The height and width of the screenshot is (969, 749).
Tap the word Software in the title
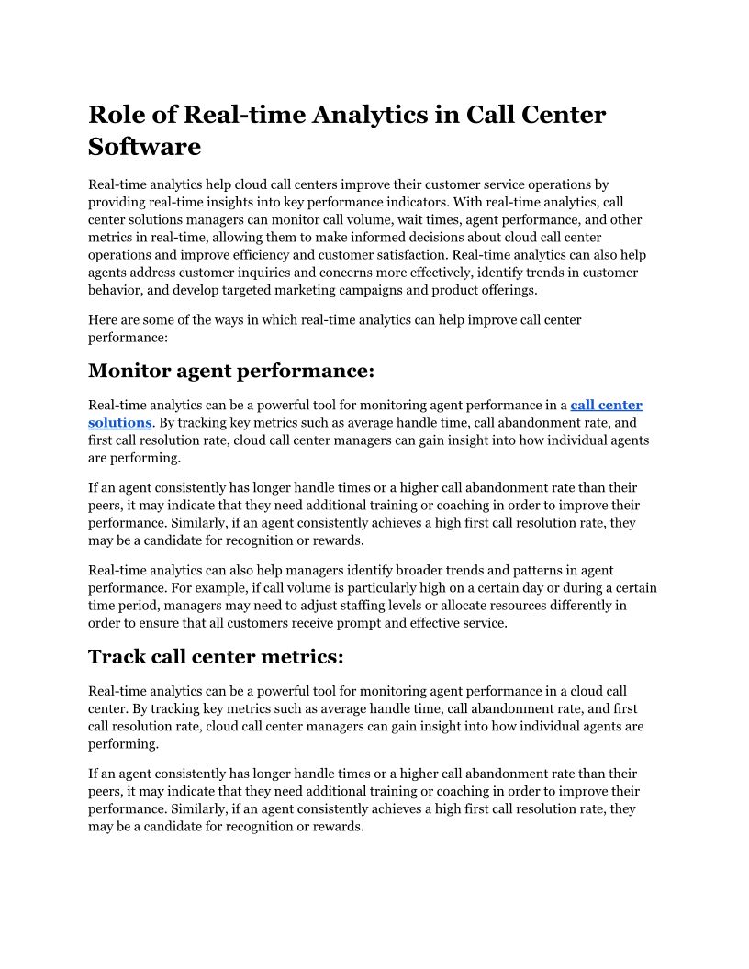(x=144, y=146)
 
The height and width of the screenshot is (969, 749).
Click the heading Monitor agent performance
(x=231, y=371)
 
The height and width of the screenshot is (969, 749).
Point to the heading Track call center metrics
(x=216, y=657)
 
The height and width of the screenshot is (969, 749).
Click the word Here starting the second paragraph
(x=103, y=319)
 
